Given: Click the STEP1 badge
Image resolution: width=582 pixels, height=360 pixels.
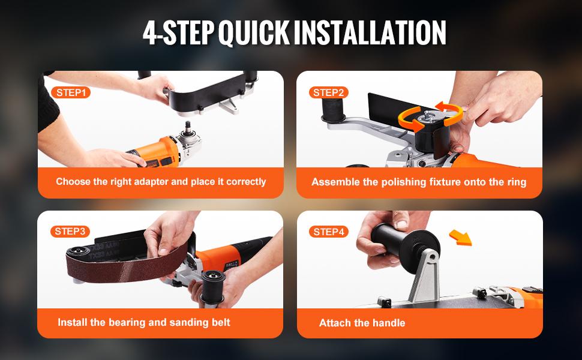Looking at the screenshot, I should (x=71, y=92).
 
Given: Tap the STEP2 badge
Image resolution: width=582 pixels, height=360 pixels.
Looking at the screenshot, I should (x=329, y=92).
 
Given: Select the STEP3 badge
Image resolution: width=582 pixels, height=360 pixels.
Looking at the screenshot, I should (x=71, y=231).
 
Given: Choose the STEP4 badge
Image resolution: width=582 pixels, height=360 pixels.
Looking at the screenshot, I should (x=329, y=232).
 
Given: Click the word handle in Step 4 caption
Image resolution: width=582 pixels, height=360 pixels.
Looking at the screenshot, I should (x=389, y=323).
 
